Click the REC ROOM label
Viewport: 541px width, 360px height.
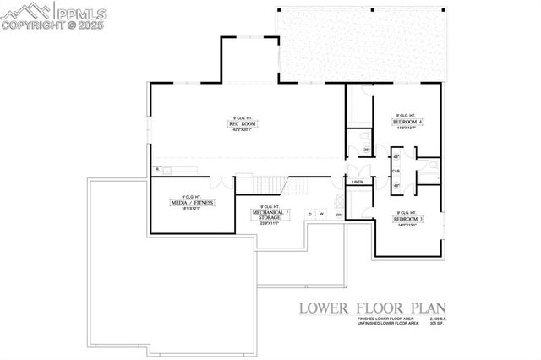pyautogui.click(x=243, y=124)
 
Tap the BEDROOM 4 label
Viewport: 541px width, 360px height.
pyautogui.click(x=408, y=122)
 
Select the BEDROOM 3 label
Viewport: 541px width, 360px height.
pyautogui.click(x=408, y=219)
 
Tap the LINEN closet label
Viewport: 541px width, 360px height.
pyautogui.click(x=358, y=182)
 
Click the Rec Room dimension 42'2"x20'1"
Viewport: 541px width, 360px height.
pyautogui.click(x=243, y=131)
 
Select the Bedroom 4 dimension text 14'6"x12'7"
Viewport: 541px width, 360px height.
pyautogui.click(x=408, y=128)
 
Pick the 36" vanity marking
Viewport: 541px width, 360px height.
pyautogui.click(x=366, y=150)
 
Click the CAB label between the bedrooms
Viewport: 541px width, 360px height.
pyautogui.click(x=396, y=170)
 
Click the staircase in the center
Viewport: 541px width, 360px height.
pyautogui.click(x=269, y=184)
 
